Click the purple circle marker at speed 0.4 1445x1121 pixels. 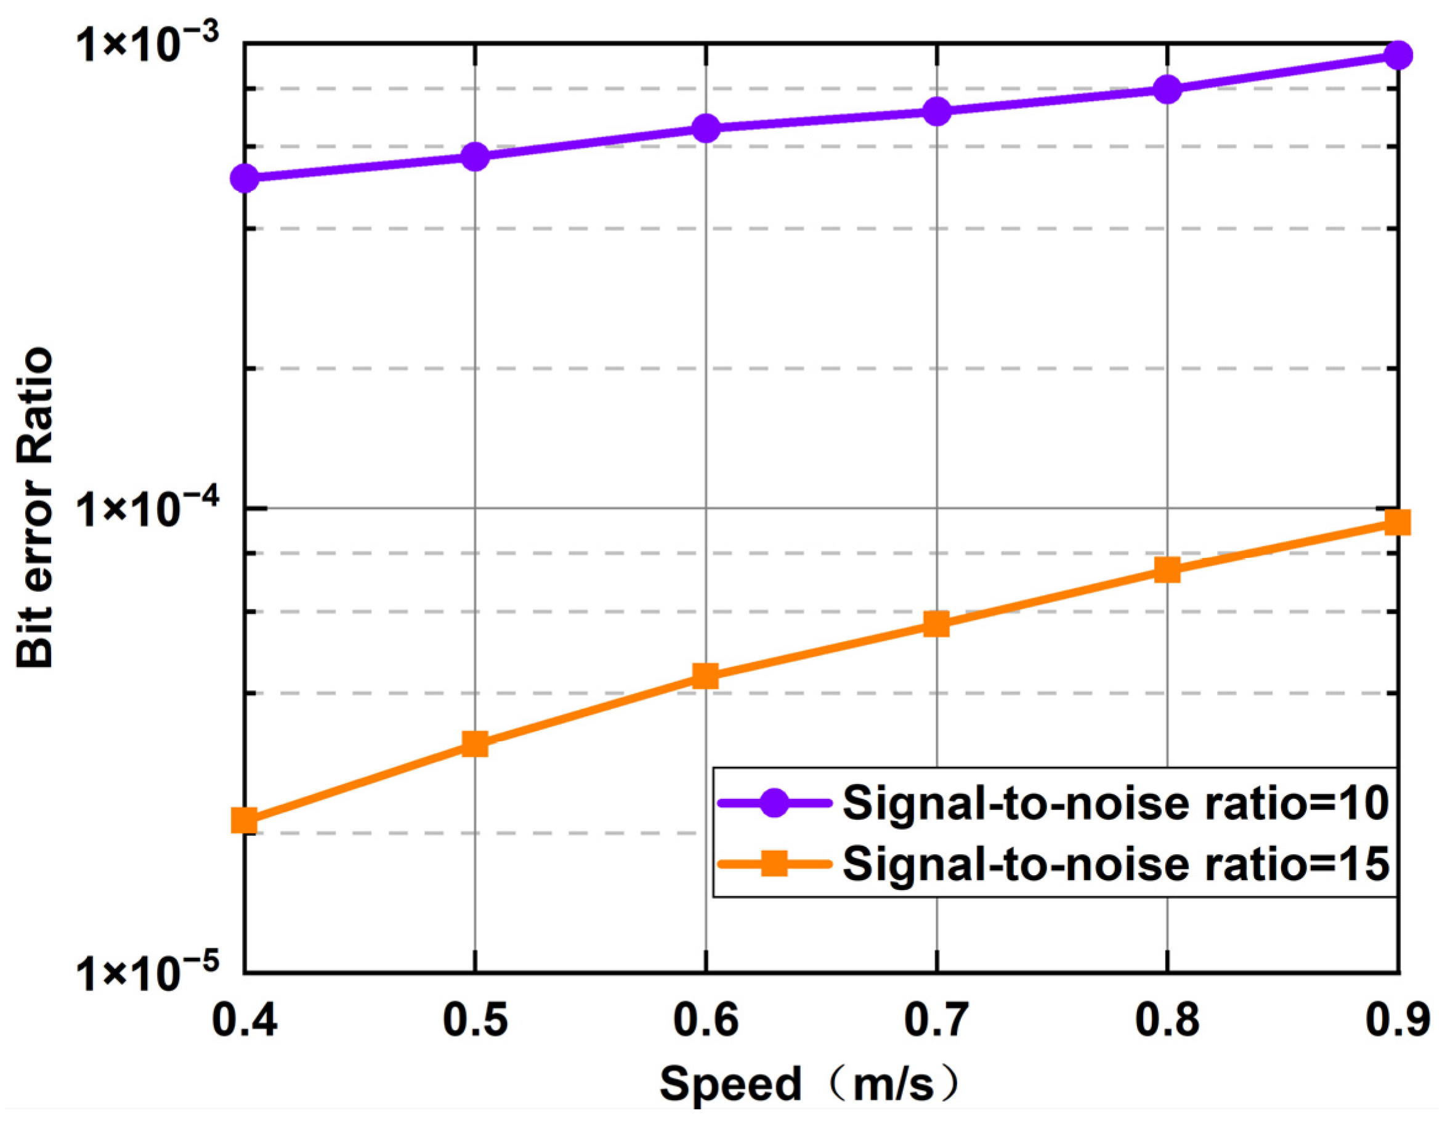244,178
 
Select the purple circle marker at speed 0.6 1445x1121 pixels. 706,127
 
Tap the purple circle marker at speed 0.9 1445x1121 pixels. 1398,55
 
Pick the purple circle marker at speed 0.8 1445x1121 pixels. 1167,89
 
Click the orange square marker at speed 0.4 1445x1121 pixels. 244,820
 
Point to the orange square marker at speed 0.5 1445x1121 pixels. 475,744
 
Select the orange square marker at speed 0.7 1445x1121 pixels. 936,623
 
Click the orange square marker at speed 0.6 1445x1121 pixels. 706,676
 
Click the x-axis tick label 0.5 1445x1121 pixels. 475,1020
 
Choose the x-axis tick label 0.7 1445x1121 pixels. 936,1020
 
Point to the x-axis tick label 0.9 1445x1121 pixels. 1398,1020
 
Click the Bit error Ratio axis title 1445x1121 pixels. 34,508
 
